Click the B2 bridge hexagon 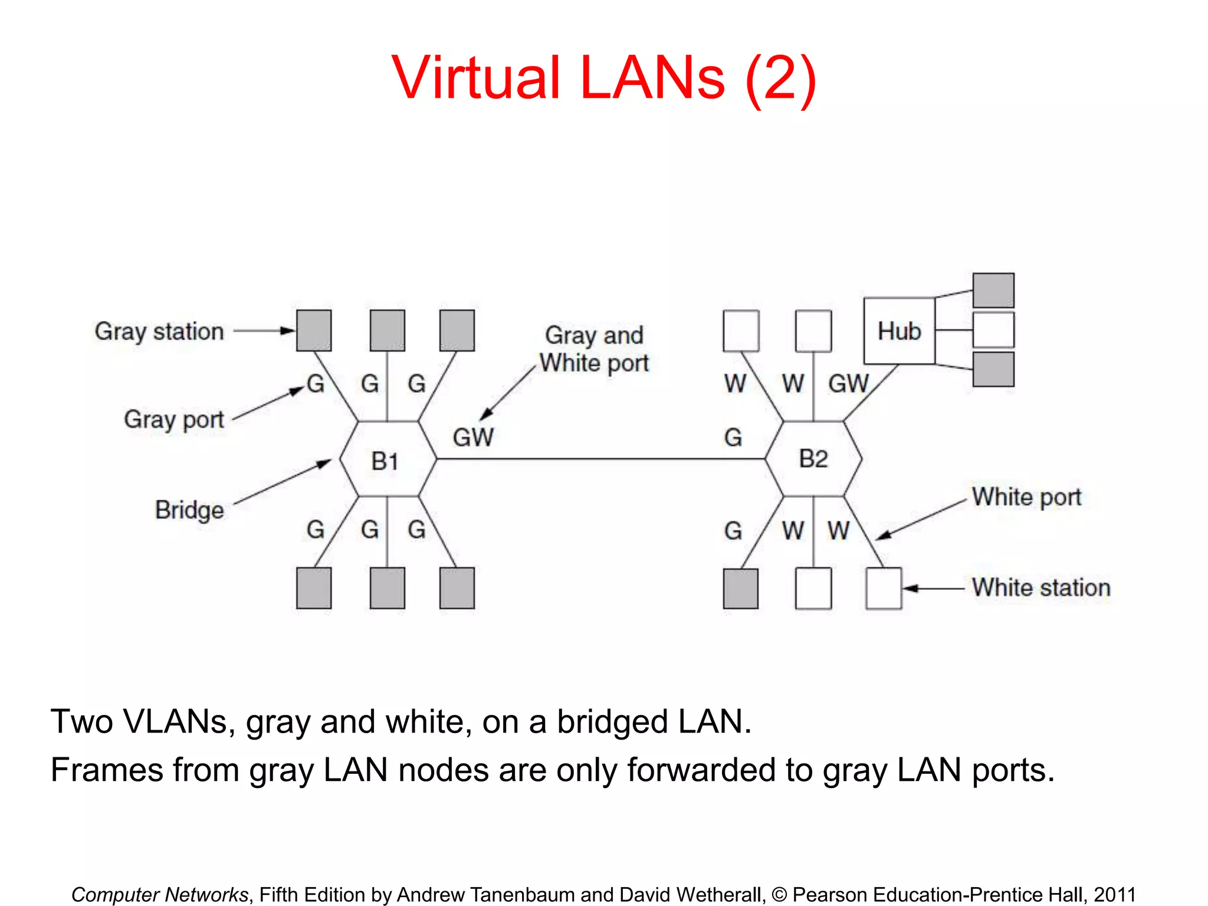tap(813, 459)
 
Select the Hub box tap(899, 331)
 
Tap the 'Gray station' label tap(159, 331)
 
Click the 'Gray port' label tap(173, 420)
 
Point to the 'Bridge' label tap(189, 510)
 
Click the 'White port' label tap(1026, 497)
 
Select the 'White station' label tap(1041, 587)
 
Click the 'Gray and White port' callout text tap(594, 349)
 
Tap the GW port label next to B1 tap(473, 438)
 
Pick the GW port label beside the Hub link tap(848, 384)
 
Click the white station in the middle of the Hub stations tap(993, 330)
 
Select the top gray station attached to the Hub tap(993, 290)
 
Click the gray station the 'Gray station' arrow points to tap(314, 331)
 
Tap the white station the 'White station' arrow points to tap(884, 588)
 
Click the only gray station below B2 tap(741, 588)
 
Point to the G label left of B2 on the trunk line tap(733, 438)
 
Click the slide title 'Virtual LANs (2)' tap(603, 78)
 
